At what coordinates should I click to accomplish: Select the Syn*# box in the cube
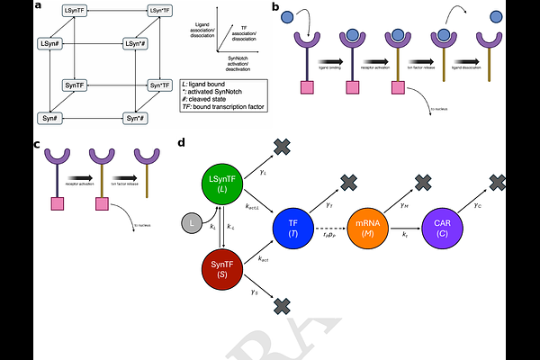(x=136, y=118)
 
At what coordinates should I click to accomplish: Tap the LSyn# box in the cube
(x=51, y=43)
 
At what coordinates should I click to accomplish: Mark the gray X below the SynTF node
(x=281, y=307)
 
